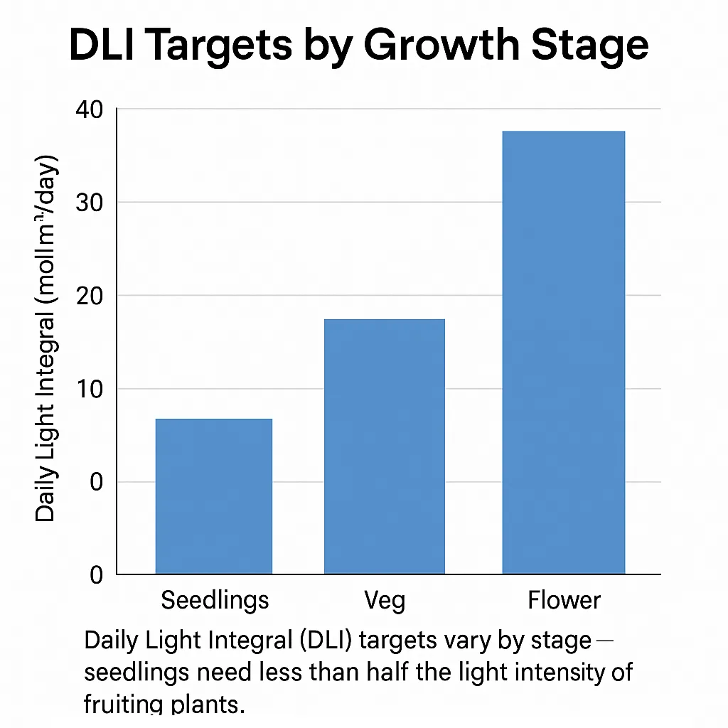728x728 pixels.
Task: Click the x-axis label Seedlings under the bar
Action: [x=215, y=600]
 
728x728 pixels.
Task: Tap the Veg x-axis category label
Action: [x=385, y=601]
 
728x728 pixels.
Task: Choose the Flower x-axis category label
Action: [x=564, y=600]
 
